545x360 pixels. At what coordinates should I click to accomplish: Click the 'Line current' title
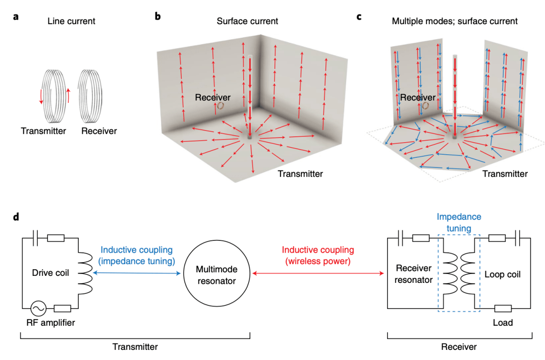click(x=71, y=21)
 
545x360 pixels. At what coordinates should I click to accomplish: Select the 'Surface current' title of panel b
click(x=247, y=21)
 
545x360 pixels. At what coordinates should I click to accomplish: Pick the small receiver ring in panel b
click(x=221, y=106)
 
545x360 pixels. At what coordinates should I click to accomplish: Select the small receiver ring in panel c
click(x=426, y=106)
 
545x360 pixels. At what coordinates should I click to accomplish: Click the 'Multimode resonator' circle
click(x=217, y=274)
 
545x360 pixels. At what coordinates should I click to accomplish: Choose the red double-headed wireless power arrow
click(x=317, y=273)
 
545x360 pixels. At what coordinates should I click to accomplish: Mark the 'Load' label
click(x=503, y=323)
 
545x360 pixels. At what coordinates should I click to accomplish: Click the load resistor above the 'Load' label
click(x=503, y=308)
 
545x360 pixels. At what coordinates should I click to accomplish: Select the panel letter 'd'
click(x=16, y=217)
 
